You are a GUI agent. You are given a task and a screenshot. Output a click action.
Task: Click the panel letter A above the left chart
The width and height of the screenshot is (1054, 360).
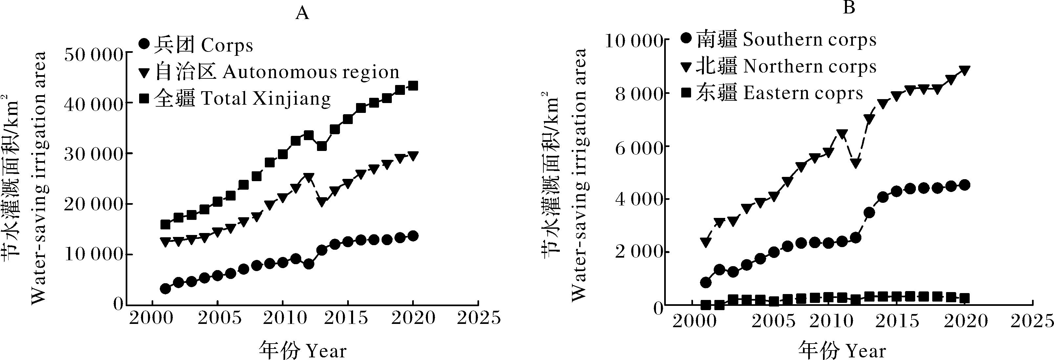pyautogui.click(x=302, y=13)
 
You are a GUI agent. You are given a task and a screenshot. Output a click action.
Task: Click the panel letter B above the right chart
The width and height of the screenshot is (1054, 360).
pyautogui.click(x=849, y=7)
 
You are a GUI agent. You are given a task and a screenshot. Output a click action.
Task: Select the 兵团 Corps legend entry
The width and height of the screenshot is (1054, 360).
pyautogui.click(x=196, y=45)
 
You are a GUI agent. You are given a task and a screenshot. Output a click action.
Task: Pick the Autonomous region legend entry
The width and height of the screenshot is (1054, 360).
pyautogui.click(x=269, y=73)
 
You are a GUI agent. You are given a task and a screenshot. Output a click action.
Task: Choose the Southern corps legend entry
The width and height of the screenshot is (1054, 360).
pyautogui.click(x=779, y=40)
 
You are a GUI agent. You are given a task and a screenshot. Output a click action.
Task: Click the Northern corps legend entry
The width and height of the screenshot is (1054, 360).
pyautogui.click(x=779, y=67)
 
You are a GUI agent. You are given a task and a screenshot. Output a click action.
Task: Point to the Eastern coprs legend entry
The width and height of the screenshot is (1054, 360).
pyautogui.click(x=772, y=94)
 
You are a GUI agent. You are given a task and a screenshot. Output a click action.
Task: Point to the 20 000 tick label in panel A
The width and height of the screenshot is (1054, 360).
pyautogui.click(x=94, y=204)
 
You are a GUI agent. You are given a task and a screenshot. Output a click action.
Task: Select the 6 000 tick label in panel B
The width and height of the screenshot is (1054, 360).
pyautogui.click(x=640, y=146)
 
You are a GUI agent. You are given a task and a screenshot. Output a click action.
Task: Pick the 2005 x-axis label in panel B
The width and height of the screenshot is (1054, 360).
pyautogui.click(x=774, y=320)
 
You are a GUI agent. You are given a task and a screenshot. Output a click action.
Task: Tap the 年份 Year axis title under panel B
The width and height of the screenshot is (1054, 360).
pyautogui.click(x=842, y=350)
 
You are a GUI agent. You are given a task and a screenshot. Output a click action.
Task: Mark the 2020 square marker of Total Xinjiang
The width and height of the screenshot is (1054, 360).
pyautogui.click(x=413, y=86)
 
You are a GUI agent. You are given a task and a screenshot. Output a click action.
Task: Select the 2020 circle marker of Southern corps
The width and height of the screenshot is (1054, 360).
pyautogui.click(x=964, y=185)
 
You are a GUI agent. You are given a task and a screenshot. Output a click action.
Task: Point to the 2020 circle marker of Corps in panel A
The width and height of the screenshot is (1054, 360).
pyautogui.click(x=413, y=236)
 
